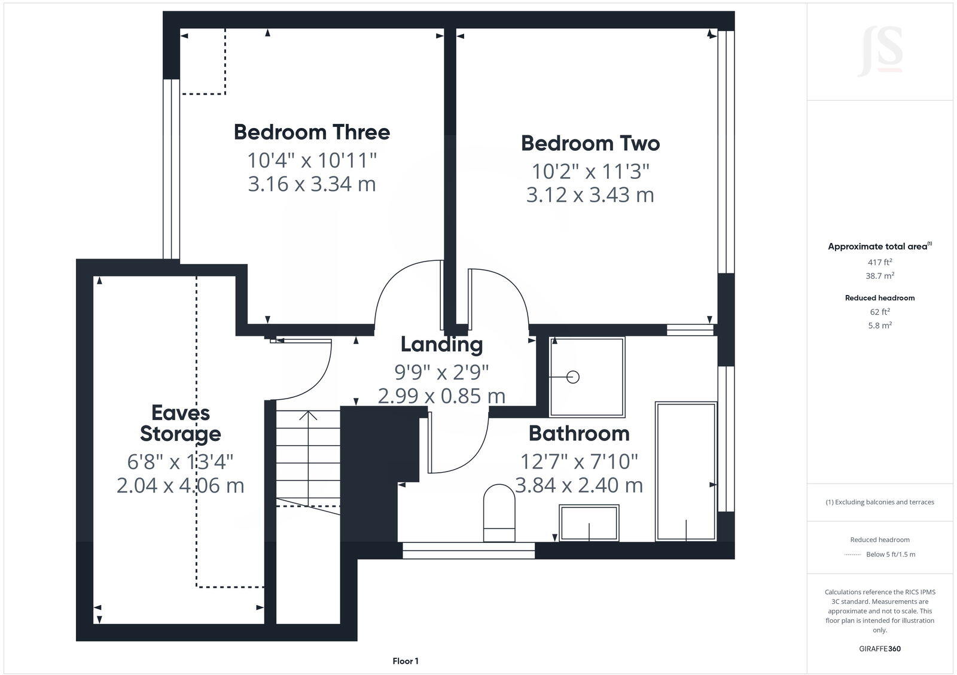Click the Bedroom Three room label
[x=312, y=132]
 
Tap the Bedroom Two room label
[x=590, y=144]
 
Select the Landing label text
[x=441, y=345]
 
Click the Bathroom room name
[x=578, y=433]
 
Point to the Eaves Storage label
[x=180, y=423]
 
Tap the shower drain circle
[x=573, y=377]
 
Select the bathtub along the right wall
[x=685, y=472]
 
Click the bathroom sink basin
[x=589, y=523]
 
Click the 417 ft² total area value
[x=880, y=262]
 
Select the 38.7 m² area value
[x=880, y=276]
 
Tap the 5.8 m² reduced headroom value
[x=880, y=326]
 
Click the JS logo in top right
[x=880, y=53]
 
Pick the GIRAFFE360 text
[x=880, y=649]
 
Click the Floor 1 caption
[x=406, y=661]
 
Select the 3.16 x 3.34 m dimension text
[x=312, y=184]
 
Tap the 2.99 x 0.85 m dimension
[x=441, y=396]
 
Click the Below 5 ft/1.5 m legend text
[x=891, y=554]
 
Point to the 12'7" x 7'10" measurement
[x=578, y=462]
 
